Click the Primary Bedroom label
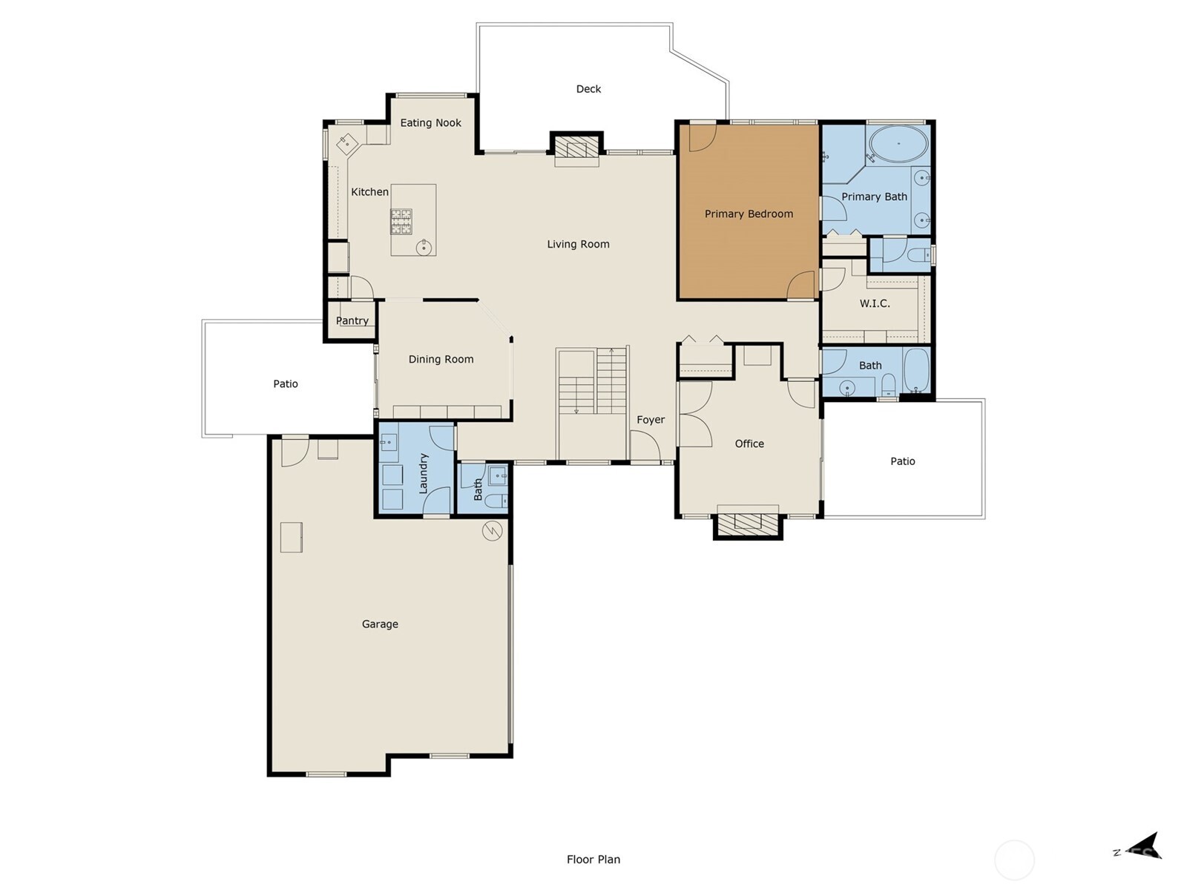pos(749,214)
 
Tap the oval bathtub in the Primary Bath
pos(898,143)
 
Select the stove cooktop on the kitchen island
pos(401,222)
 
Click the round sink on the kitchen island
pos(424,247)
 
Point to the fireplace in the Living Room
pos(576,147)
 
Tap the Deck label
pos(588,89)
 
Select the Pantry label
pos(352,320)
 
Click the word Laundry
pos(424,473)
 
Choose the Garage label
pos(380,624)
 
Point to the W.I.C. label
pos(875,303)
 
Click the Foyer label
pos(651,420)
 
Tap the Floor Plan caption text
pos(593,860)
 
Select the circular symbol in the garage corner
pos(492,530)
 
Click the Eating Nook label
pos(430,123)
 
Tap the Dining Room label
pos(441,359)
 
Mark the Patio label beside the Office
pos(902,461)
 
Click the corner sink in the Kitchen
pos(344,142)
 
